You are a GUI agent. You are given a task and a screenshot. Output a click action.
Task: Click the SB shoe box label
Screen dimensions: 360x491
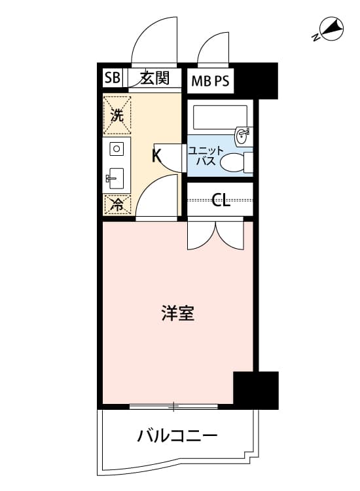112,77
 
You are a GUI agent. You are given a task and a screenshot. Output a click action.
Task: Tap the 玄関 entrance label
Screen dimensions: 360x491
154,78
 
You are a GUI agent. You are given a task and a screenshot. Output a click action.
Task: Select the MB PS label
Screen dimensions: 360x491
210,81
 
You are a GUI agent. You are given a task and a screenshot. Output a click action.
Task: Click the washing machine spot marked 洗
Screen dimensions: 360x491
117,115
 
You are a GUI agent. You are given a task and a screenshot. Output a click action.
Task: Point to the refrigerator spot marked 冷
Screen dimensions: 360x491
117,205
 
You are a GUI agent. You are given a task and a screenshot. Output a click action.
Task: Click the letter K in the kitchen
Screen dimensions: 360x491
156,156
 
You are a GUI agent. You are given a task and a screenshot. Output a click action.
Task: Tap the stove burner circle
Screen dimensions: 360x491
117,149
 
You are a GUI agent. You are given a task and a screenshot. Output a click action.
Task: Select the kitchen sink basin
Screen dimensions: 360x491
116,179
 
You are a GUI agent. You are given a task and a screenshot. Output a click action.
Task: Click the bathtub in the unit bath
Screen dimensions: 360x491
220,118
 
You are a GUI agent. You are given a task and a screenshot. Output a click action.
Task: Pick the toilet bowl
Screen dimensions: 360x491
232,162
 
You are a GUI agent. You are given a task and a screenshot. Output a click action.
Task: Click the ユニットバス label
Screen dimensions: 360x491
206,156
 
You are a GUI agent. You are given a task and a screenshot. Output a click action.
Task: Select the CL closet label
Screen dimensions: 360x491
221,200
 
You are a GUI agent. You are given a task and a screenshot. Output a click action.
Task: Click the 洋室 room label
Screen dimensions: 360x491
178,313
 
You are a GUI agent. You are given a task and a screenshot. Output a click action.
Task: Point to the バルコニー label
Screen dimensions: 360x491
177,436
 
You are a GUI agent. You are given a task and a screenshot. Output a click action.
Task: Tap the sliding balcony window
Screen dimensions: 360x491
173,407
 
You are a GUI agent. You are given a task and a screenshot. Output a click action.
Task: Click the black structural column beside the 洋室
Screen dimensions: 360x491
256,390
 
